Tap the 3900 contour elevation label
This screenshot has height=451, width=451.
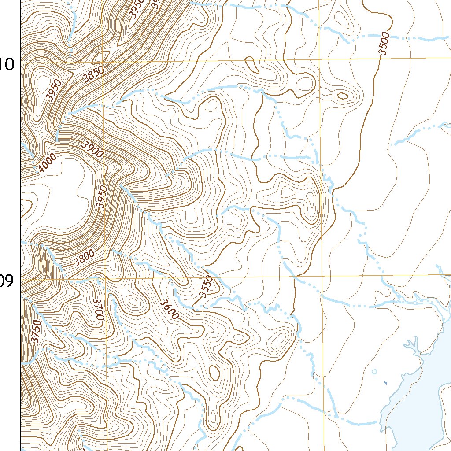[x=92, y=150]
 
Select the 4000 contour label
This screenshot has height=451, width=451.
[x=47, y=163]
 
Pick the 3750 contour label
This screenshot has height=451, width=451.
[x=37, y=331]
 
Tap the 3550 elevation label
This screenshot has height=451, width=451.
[x=206, y=287]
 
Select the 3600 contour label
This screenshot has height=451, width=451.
[x=170, y=309]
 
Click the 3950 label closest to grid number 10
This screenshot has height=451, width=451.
[x=55, y=90]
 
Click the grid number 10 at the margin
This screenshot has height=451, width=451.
[x=7, y=65]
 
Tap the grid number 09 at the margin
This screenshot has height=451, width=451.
[x=7, y=281]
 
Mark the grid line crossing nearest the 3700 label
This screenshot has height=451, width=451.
[x=105, y=278]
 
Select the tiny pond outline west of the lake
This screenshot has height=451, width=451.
[x=374, y=371]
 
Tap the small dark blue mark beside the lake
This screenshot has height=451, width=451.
[x=385, y=382]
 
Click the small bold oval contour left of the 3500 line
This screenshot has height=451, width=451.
[x=342, y=95]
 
